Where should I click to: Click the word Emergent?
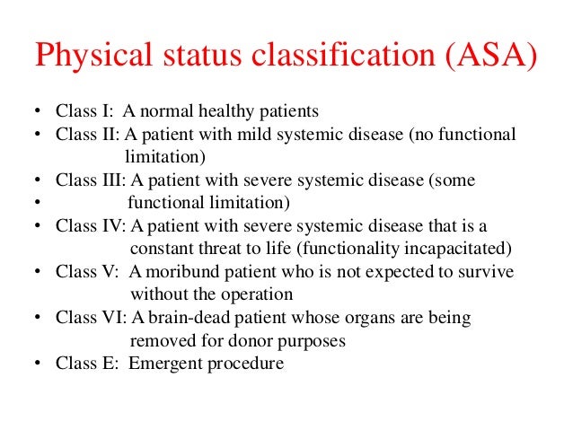[x=165, y=364]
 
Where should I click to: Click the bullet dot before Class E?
[x=37, y=364]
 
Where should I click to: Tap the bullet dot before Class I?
[x=37, y=113]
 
